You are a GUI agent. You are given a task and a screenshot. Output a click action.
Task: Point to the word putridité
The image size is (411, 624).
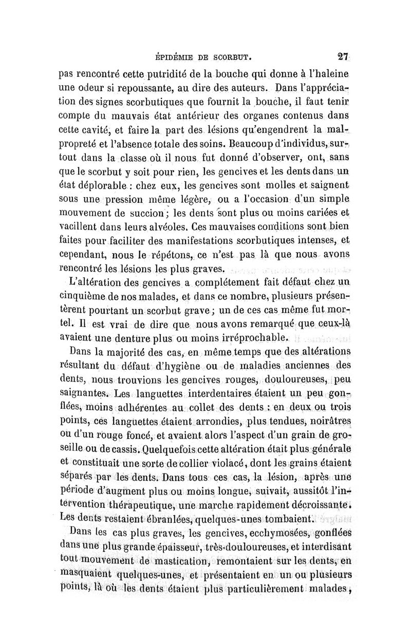[x=131, y=73]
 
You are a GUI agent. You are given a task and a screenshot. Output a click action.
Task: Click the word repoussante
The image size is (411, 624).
[x=129, y=88]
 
